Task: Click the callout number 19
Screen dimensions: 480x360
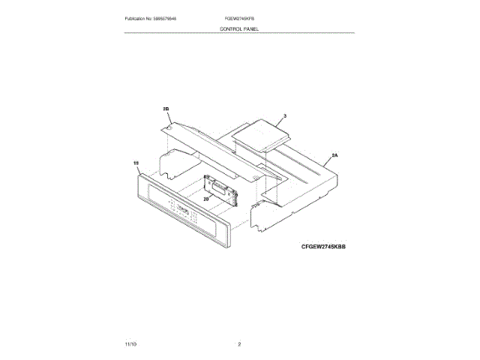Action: [136, 162]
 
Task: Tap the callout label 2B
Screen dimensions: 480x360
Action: [166, 109]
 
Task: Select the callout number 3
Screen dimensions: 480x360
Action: [285, 117]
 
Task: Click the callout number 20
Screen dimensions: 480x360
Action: [205, 199]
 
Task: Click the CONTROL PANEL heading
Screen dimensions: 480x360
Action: [239, 28]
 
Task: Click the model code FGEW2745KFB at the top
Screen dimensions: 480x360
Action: [239, 18]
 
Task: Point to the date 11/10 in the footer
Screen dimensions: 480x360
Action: [130, 343]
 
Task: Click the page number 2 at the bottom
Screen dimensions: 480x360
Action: [239, 343]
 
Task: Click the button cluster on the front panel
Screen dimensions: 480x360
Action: [182, 212]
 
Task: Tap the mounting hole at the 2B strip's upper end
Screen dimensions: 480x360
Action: [170, 128]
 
